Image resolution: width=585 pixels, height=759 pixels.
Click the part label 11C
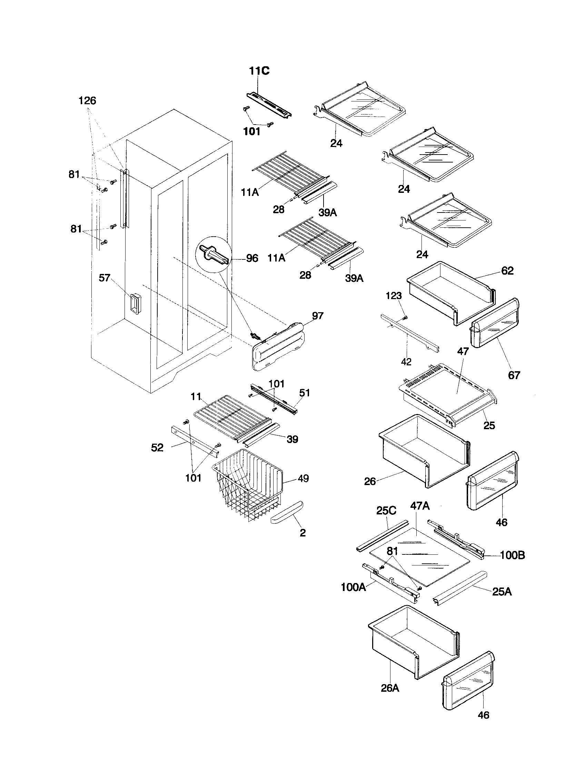tap(259, 71)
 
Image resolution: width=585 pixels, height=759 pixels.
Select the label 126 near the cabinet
tap(87, 101)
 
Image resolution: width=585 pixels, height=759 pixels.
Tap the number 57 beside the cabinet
tap(105, 278)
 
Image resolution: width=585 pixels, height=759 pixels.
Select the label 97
tap(318, 316)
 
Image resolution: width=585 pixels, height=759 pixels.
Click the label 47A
tap(420, 506)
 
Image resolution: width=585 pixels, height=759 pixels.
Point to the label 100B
tap(512, 555)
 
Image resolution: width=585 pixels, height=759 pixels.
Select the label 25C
tap(386, 511)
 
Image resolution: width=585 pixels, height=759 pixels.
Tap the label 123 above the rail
tap(394, 296)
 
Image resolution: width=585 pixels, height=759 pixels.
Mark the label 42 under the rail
tap(406, 362)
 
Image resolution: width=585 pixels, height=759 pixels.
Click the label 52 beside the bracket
tap(157, 447)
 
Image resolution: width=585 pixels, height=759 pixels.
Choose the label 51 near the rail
tap(304, 393)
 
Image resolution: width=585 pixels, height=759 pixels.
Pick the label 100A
tap(353, 587)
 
